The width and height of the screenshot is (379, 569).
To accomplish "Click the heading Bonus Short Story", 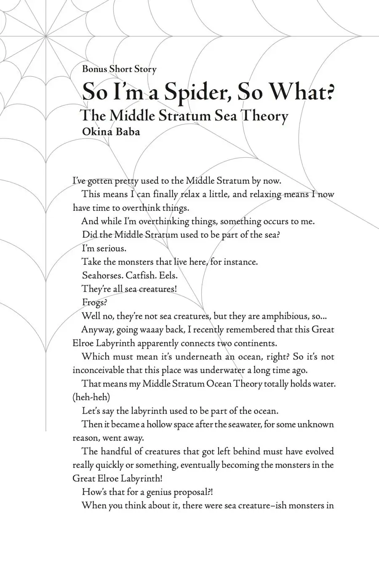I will (x=119, y=69).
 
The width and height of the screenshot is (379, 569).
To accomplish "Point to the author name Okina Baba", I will (x=111, y=131).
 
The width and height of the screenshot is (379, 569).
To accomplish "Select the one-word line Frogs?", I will (x=94, y=302).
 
